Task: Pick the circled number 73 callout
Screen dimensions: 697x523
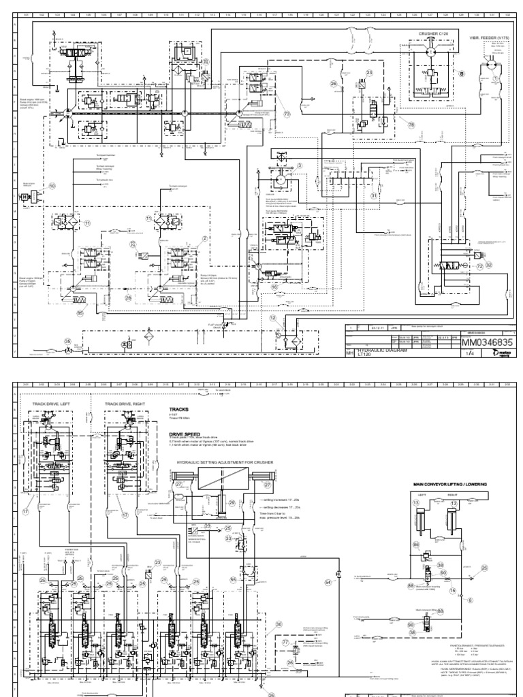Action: pyautogui.click(x=287, y=113)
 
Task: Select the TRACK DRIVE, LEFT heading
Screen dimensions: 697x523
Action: pyautogui.click(x=50, y=404)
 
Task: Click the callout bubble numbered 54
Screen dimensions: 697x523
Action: pyautogui.click(x=328, y=583)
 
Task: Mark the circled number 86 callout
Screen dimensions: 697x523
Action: pyautogui.click(x=417, y=545)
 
